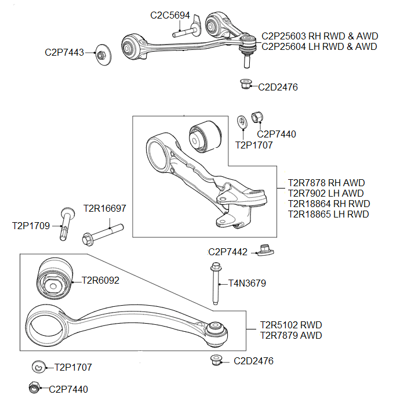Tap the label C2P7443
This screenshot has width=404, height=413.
tap(64, 52)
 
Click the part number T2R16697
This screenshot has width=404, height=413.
tap(104, 208)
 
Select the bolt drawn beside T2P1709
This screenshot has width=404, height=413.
tap(66, 223)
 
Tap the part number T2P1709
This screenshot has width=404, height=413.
tap(31, 225)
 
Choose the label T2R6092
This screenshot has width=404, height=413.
tap(100, 281)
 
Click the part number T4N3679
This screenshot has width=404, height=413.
tap(247, 284)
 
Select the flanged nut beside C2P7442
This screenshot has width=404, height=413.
tap(265, 251)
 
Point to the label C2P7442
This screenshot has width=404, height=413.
tap(228, 252)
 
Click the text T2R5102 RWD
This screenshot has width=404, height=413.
tap(290, 325)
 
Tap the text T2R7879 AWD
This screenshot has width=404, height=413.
tap(290, 335)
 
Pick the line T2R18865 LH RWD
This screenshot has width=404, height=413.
tap(328, 214)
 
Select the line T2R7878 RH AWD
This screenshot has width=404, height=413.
tap(326, 183)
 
